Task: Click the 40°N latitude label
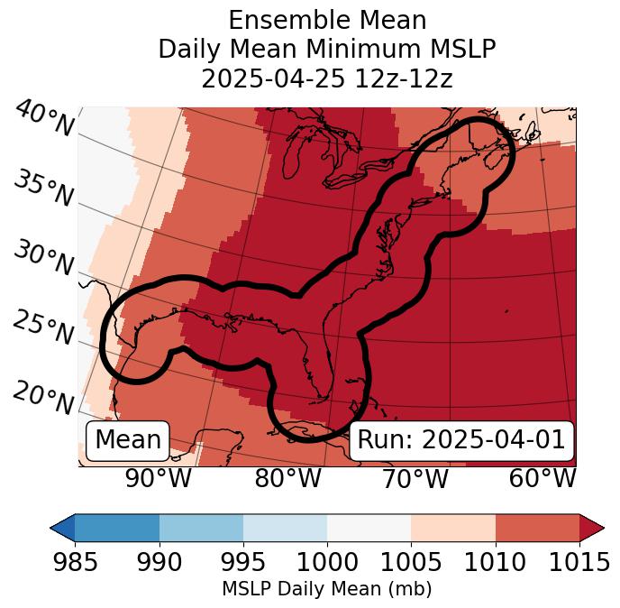44,119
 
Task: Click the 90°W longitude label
159,478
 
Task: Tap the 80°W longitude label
287,478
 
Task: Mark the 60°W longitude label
542,478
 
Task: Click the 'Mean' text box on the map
128,440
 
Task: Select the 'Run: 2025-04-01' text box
461,440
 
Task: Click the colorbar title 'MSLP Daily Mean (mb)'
327,589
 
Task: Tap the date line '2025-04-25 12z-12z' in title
327,78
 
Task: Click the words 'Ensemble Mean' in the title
327,20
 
